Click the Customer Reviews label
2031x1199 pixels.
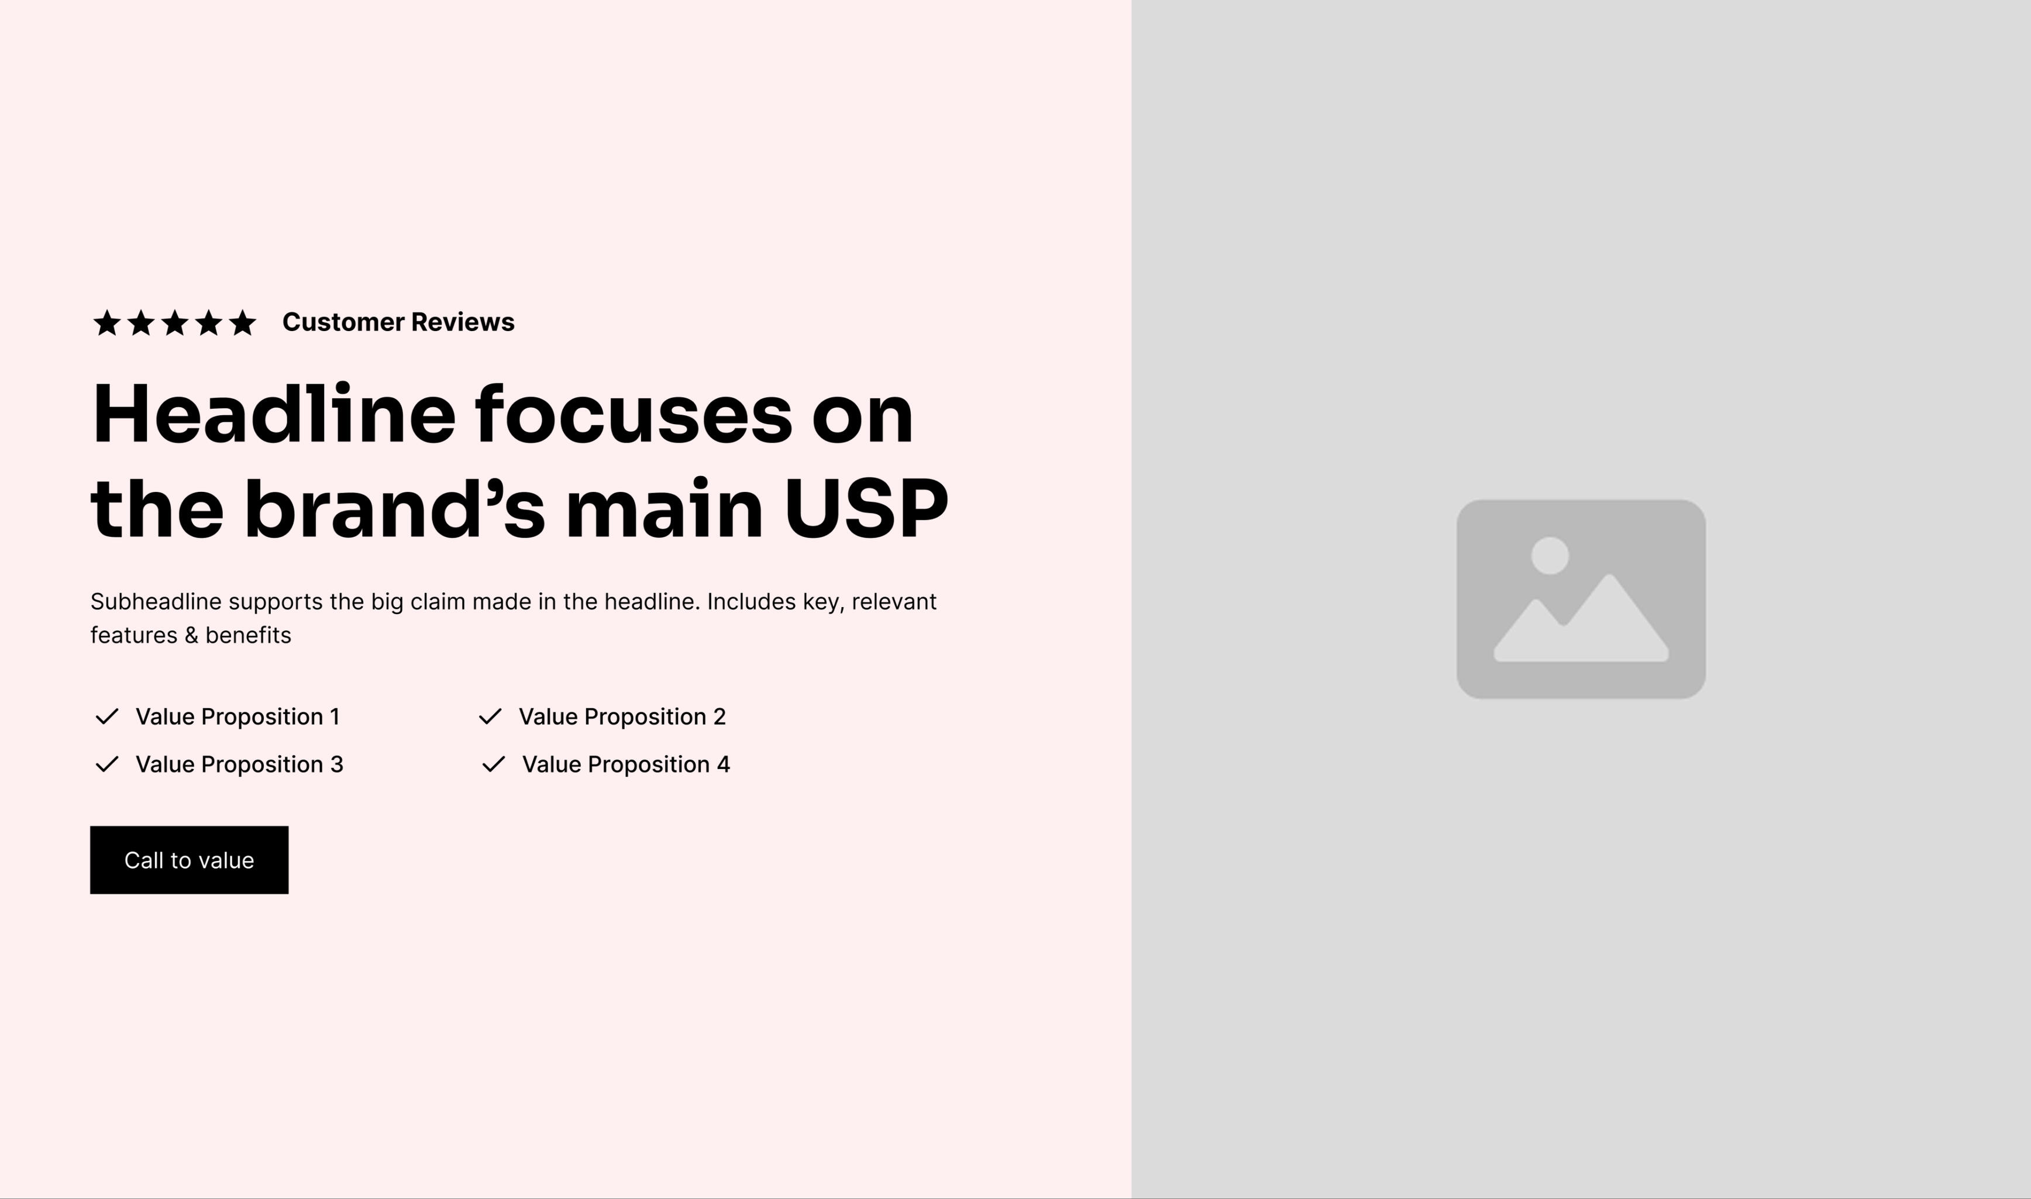398,322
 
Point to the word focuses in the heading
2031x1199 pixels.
634,415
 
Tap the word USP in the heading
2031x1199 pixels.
866,508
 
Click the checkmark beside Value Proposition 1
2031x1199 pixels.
106,716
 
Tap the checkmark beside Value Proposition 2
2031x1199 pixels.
490,716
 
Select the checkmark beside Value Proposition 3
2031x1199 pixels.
106,764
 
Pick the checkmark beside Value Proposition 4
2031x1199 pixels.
494,764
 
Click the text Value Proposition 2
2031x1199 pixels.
622,716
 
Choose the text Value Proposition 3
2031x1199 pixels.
239,764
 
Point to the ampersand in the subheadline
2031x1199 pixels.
191,635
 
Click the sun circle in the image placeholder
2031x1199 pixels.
1550,556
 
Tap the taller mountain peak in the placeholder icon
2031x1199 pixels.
1609,576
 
